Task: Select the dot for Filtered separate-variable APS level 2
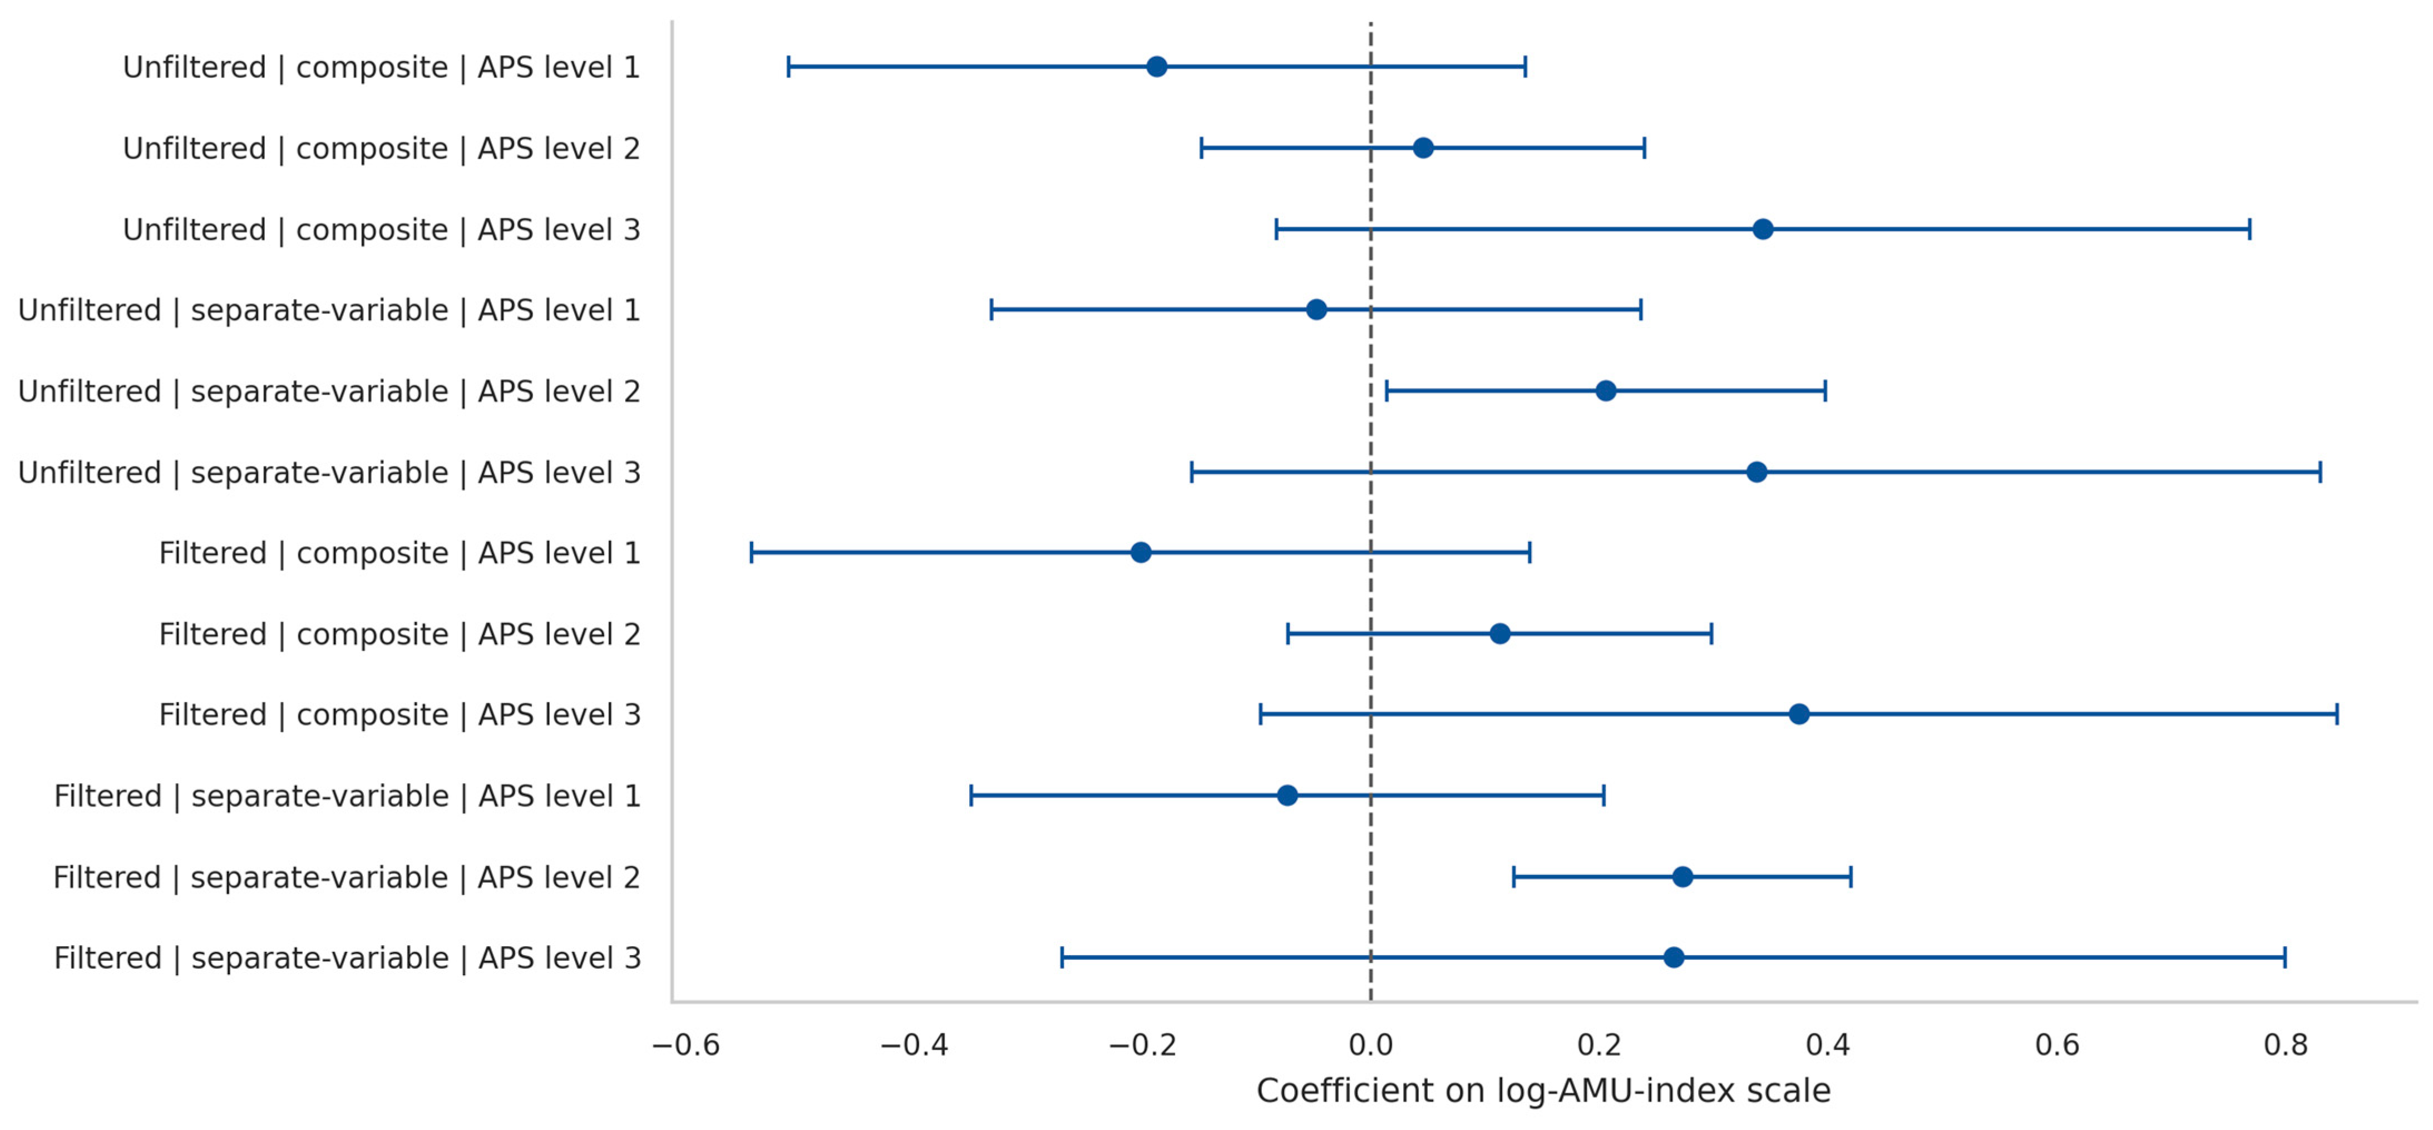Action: [x=1682, y=877]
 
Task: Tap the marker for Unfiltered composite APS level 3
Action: [x=1763, y=229]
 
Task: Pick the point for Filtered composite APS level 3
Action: [x=1799, y=714]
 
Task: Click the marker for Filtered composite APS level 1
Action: [x=1141, y=553]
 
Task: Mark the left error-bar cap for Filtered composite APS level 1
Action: [x=752, y=553]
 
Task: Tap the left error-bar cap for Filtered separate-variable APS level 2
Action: [x=1514, y=877]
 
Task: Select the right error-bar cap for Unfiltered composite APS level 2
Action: [x=1645, y=148]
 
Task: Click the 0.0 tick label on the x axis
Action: [x=1370, y=1045]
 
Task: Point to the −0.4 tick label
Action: [x=914, y=1045]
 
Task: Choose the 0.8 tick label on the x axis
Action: [x=2286, y=1045]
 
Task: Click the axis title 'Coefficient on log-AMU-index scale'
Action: [x=1543, y=1091]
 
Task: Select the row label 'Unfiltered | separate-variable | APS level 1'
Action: [x=329, y=311]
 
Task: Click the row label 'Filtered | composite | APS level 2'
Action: [x=399, y=634]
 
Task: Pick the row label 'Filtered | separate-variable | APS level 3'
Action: [x=348, y=958]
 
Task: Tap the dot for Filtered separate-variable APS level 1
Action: [x=1287, y=795]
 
